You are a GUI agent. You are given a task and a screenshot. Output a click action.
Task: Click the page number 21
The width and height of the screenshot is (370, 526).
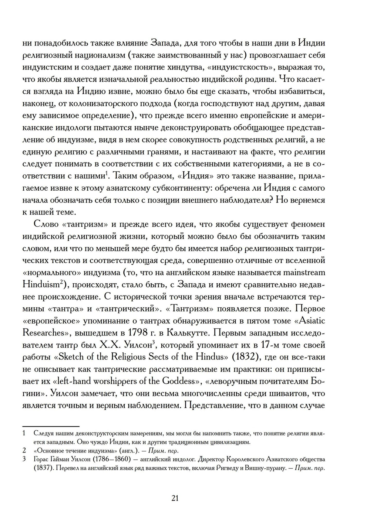175,498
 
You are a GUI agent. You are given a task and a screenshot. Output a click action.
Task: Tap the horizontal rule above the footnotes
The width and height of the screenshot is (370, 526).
51,426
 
